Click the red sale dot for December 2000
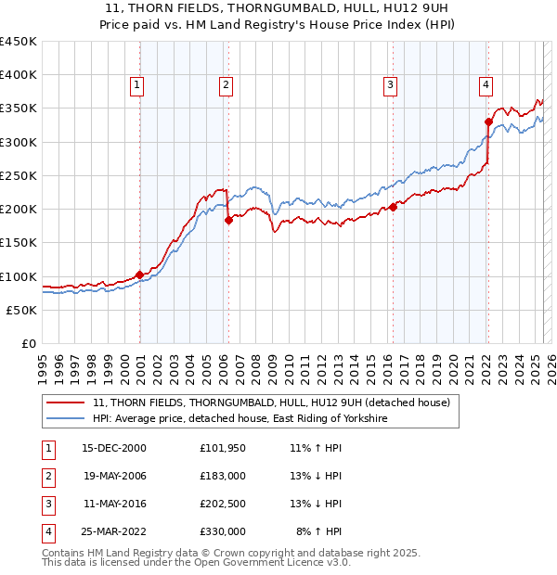click(x=139, y=275)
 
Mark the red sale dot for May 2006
click(x=228, y=220)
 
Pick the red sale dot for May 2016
click(x=393, y=207)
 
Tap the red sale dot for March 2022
click(x=488, y=121)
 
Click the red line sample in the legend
click(x=64, y=402)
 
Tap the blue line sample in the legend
click(x=64, y=419)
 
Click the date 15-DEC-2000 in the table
click(x=114, y=448)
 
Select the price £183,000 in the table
click(x=223, y=476)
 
